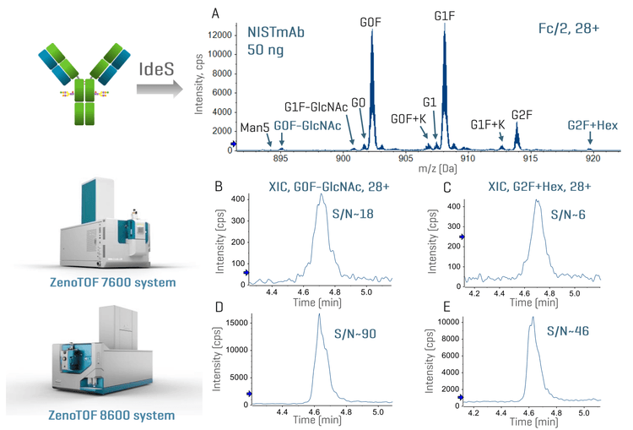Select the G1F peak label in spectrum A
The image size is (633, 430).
[445, 16]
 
